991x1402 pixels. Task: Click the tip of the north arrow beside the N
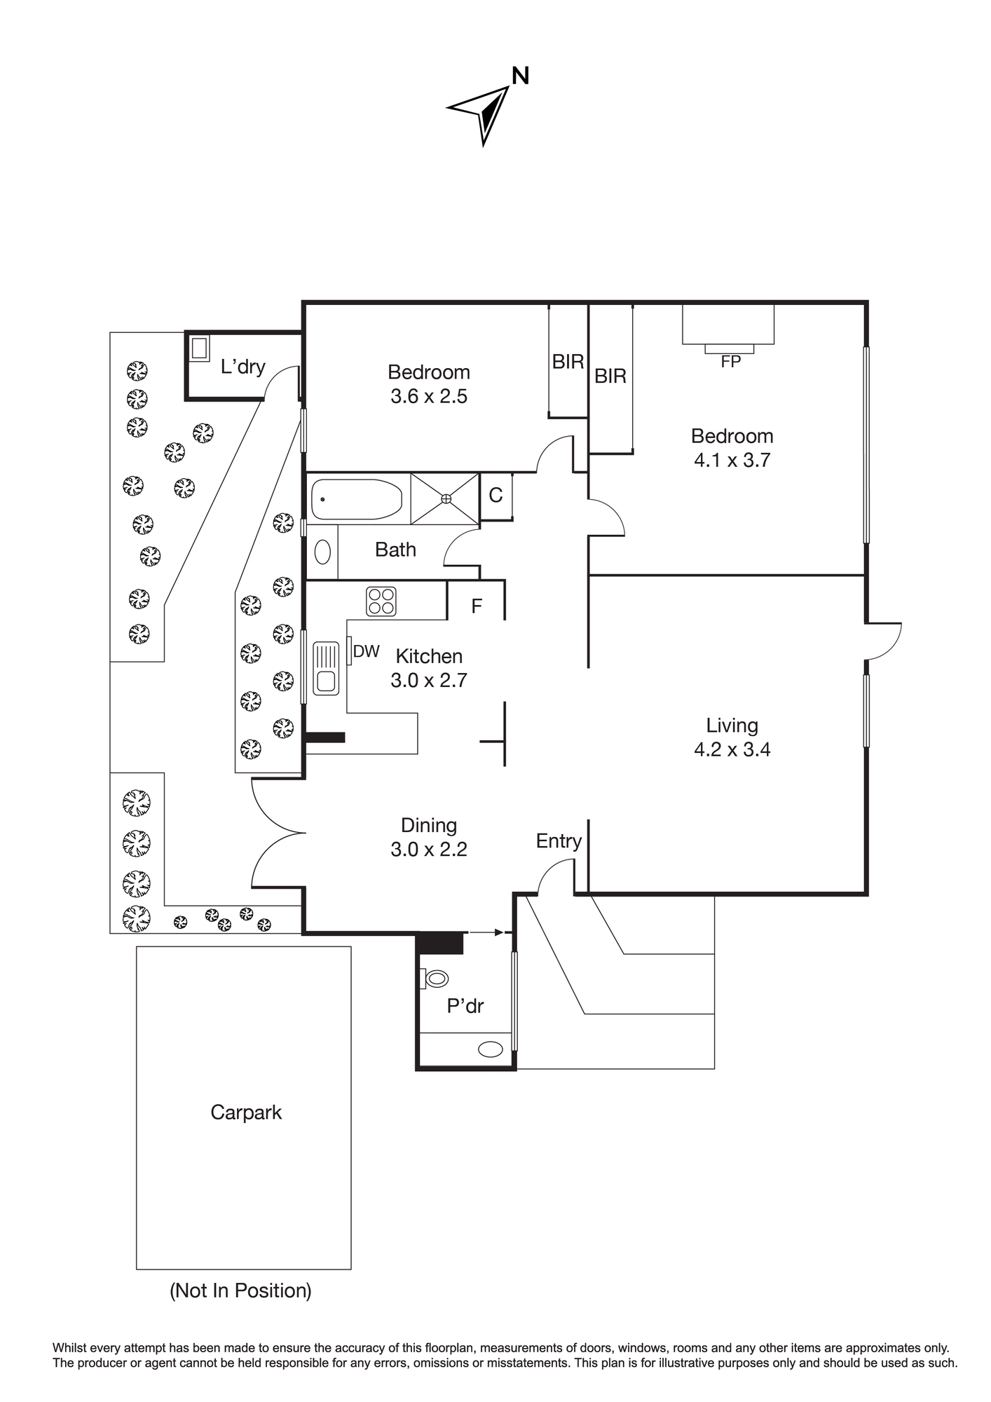[x=508, y=87]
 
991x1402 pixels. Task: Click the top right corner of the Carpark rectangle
[x=350, y=947]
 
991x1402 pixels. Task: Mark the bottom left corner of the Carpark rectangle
[x=137, y=1269]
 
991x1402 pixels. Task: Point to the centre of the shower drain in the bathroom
[x=446, y=498]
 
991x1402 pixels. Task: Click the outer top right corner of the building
[x=867, y=303]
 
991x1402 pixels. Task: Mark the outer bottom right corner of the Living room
[x=867, y=894]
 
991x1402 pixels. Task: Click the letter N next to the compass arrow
[x=520, y=76]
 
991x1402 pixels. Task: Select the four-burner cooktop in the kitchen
[x=381, y=601]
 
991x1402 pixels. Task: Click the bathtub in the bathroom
[x=357, y=499]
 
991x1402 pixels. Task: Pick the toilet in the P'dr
[x=434, y=978]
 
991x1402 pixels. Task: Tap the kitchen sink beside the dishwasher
[x=326, y=669]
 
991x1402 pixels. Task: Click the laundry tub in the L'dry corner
[x=200, y=348]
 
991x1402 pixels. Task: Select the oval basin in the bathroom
[x=322, y=552]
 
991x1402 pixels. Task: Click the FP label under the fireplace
[x=730, y=362]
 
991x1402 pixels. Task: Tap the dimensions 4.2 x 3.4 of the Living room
[x=732, y=749]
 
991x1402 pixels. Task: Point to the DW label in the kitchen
[x=366, y=651]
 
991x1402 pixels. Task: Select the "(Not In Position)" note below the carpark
[x=240, y=1291]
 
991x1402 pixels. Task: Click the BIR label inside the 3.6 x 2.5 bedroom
[x=568, y=362]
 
